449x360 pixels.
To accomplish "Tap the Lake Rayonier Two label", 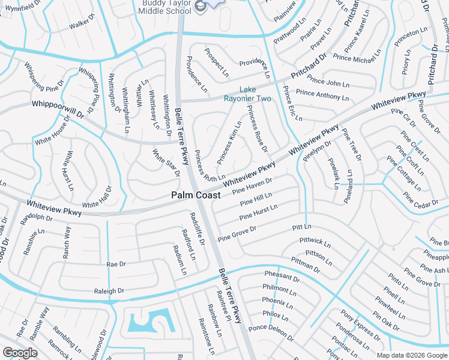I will [247, 94].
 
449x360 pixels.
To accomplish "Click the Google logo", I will [20, 353].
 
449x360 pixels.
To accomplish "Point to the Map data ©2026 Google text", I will [412, 355].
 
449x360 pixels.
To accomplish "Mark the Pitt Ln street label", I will [302, 227].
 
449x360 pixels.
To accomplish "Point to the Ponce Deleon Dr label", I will [271, 333].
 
